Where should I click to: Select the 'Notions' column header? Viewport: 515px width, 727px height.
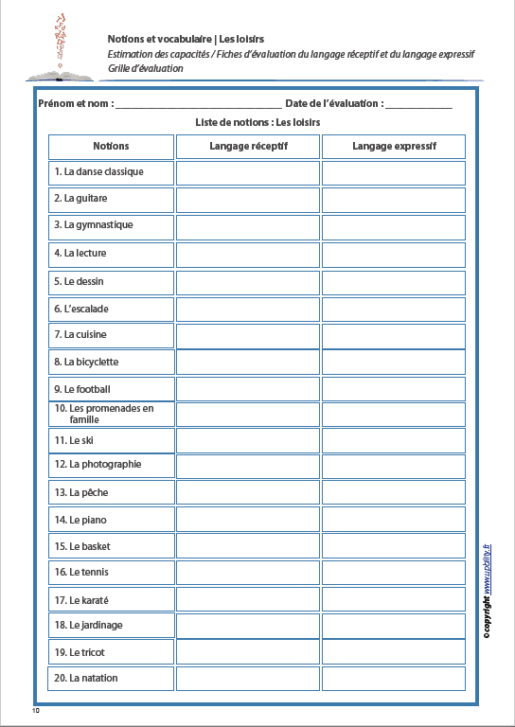111,147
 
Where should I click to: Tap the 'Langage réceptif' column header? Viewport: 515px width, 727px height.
248,147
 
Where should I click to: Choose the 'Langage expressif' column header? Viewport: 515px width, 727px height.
394,147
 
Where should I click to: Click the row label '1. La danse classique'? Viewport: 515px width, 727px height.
98,172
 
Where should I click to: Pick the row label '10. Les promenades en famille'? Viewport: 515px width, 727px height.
104,414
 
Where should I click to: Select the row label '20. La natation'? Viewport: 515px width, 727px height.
86,678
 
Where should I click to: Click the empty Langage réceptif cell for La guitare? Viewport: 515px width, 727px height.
248,200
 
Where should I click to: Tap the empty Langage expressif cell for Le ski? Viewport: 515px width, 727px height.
394,440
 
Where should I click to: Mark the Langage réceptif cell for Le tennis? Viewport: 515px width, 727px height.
248,573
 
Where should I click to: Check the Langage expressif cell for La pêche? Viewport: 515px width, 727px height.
394,492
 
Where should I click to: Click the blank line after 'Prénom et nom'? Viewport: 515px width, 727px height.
199,104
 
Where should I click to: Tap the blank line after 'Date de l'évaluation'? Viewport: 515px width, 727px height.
418,104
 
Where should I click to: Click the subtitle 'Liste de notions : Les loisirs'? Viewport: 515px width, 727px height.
257,123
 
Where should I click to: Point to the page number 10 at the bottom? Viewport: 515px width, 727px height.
36,709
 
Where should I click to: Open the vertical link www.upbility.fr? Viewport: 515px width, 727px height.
487,568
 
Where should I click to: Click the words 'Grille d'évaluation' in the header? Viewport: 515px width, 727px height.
145,69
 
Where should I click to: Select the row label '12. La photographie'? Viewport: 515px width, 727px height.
98,465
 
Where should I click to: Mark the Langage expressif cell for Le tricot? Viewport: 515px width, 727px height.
394,651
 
